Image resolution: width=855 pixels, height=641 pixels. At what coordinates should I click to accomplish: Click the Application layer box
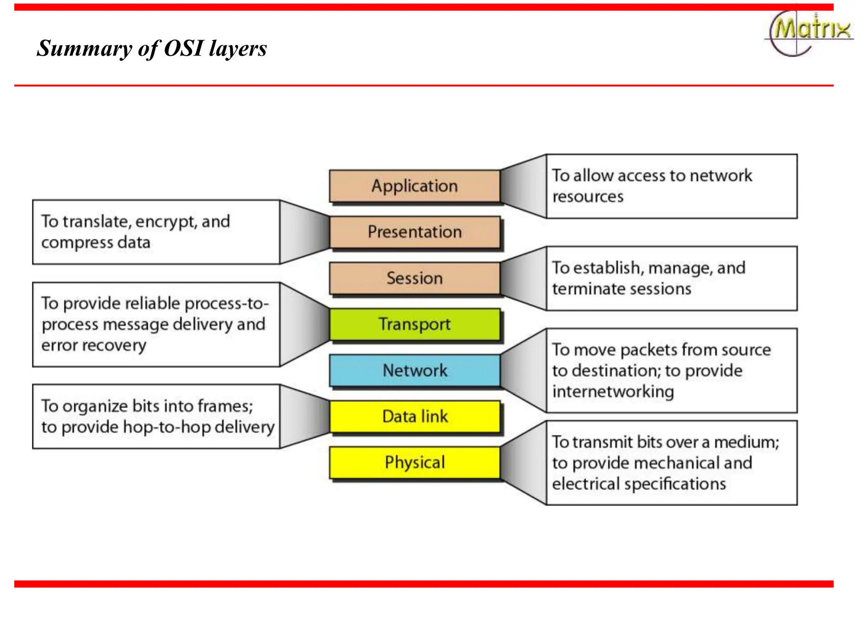click(x=415, y=186)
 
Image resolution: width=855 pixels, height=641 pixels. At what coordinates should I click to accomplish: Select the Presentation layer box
click(x=415, y=232)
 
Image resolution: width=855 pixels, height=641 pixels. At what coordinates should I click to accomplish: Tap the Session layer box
click(x=415, y=278)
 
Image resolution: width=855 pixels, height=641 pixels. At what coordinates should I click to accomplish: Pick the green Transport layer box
click(x=415, y=325)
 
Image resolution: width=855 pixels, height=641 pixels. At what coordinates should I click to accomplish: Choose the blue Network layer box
click(x=415, y=371)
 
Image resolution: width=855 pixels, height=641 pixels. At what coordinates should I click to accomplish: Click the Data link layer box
click(x=415, y=416)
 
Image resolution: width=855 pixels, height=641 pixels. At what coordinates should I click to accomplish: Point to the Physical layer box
click(x=415, y=462)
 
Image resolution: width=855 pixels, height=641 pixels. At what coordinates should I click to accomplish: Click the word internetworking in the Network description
click(x=613, y=392)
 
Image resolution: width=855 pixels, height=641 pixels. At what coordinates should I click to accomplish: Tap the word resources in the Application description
click(x=588, y=197)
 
